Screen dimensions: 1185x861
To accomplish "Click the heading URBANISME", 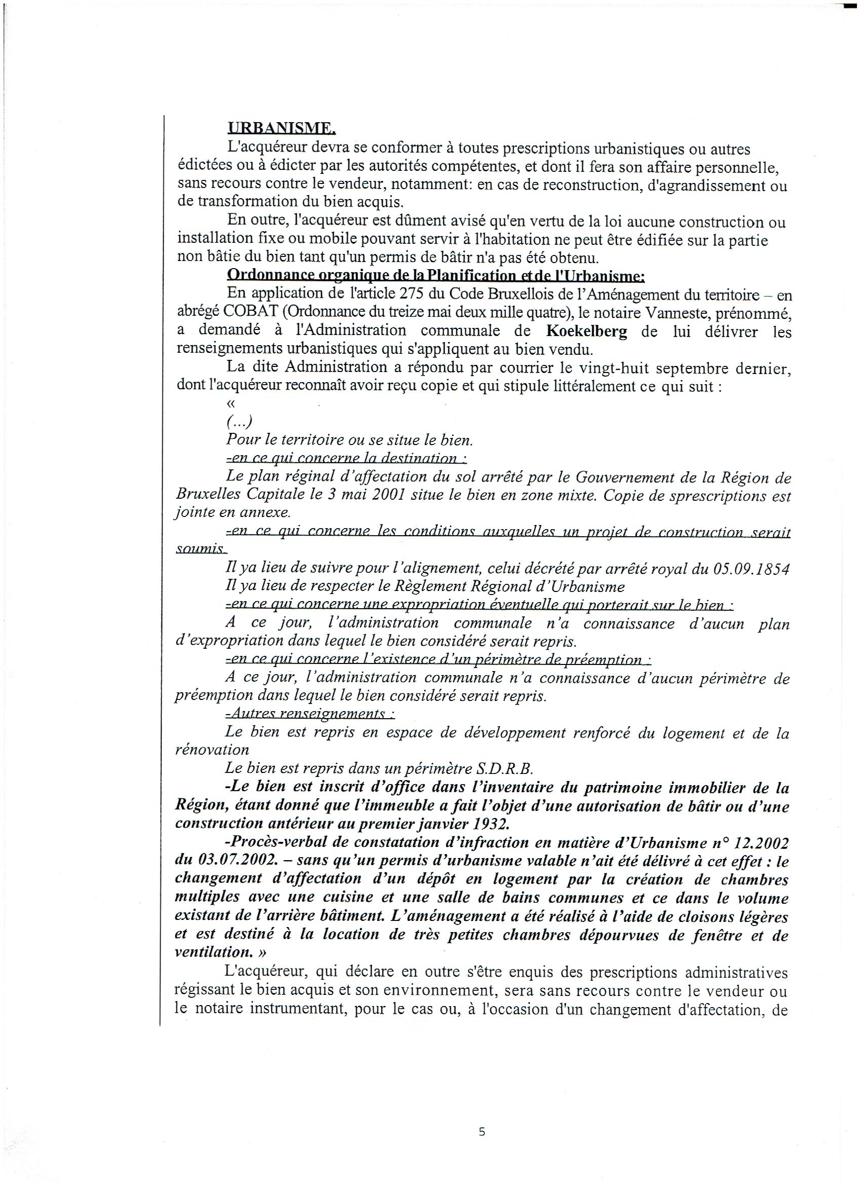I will pyautogui.click(x=282, y=128).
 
